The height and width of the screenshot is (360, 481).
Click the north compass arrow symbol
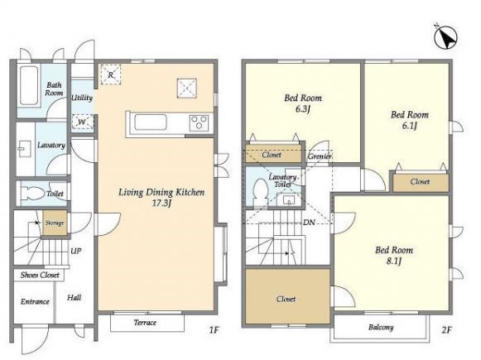pyautogui.click(x=445, y=38)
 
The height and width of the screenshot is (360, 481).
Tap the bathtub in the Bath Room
pyautogui.click(x=30, y=85)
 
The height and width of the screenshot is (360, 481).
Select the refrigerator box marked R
pyautogui.click(x=111, y=74)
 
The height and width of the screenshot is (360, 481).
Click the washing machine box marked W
pyautogui.click(x=82, y=122)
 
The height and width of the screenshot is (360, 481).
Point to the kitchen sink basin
pyautogui.click(x=151, y=122)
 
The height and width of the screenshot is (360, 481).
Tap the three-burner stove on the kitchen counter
pyautogui.click(x=200, y=123)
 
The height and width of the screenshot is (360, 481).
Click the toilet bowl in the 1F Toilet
pyautogui.click(x=31, y=193)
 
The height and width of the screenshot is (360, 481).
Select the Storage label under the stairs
pyautogui.click(x=55, y=223)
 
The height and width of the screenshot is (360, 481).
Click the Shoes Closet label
pyautogui.click(x=40, y=275)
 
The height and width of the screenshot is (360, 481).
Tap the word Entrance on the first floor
pyautogui.click(x=35, y=302)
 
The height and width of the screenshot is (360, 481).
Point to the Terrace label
pyautogui.click(x=145, y=323)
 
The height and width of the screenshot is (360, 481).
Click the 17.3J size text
pyautogui.click(x=161, y=204)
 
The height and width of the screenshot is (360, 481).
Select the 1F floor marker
pyautogui.click(x=214, y=330)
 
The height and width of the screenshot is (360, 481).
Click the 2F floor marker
pyautogui.click(x=447, y=330)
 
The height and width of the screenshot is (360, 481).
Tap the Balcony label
pyautogui.click(x=381, y=327)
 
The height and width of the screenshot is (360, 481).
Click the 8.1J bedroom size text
pyautogui.click(x=394, y=262)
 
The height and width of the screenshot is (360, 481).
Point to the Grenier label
pyautogui.click(x=320, y=156)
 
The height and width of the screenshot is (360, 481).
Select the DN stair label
pyautogui.click(x=309, y=223)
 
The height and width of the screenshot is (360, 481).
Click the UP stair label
pyautogui.click(x=76, y=251)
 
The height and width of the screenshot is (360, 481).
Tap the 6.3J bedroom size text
pyautogui.click(x=303, y=109)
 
